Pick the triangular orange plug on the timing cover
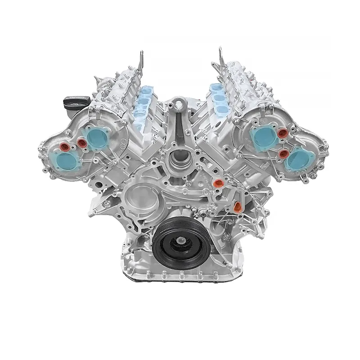pos(238,207)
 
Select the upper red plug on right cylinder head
pos(283,134)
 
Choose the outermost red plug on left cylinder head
pos(64,148)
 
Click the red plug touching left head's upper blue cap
pos(82,143)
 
